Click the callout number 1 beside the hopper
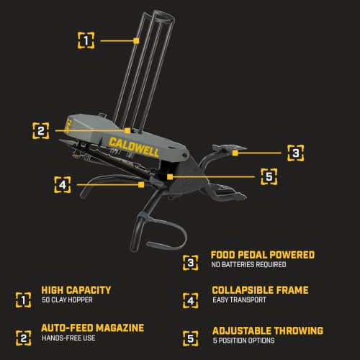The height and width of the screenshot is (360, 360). point(86,40)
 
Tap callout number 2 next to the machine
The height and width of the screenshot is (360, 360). point(41,131)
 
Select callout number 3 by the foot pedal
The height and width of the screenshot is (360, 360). point(296,153)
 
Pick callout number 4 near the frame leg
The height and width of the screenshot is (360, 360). point(63,185)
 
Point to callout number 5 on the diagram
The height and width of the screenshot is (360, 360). point(269,176)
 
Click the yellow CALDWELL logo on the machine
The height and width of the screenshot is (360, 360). point(134,148)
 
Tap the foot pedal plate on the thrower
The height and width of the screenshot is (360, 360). point(229,148)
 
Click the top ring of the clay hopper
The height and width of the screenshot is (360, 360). point(163,17)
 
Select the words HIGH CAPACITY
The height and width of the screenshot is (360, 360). point(76,290)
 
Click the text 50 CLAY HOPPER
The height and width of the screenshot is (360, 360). point(67,300)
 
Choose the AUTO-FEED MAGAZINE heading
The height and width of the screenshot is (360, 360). point(93,328)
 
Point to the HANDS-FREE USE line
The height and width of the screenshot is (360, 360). point(68,338)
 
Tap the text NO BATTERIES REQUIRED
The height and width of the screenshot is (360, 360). point(248,265)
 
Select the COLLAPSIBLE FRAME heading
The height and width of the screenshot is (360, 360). point(260,290)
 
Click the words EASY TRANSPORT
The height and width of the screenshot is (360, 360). point(239,300)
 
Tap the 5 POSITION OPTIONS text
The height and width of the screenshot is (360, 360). point(243,341)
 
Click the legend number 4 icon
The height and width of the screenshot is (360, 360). point(191,300)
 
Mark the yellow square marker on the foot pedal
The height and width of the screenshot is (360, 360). point(235,153)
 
